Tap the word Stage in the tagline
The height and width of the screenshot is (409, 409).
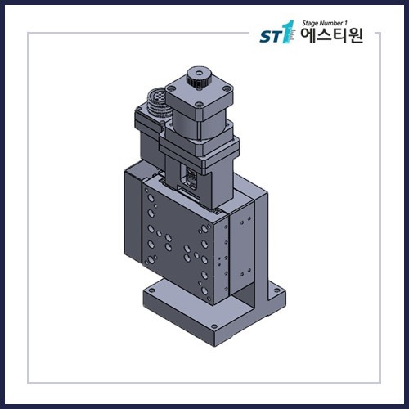310,24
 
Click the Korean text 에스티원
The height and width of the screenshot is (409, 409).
331,36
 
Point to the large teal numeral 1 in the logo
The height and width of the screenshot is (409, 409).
286,32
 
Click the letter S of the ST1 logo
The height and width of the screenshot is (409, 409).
266,37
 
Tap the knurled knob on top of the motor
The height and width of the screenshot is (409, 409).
199,77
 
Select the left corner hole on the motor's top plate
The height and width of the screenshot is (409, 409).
172,88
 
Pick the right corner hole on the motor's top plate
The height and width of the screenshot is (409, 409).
227,88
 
